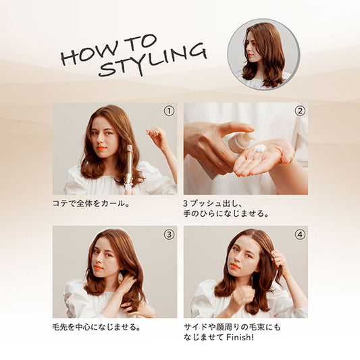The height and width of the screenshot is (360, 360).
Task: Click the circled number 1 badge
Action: click(x=169, y=111)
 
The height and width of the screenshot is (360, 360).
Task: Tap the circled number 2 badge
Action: click(x=300, y=111)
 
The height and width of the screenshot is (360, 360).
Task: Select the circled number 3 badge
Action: click(x=169, y=234)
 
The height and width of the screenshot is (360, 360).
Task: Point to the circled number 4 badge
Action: click(x=300, y=234)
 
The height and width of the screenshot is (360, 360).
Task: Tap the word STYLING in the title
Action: click(x=153, y=60)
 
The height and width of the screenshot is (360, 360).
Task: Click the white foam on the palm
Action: click(x=260, y=148)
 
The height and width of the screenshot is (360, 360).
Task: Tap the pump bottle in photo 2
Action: click(x=239, y=143)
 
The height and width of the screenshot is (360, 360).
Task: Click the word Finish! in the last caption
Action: click(x=240, y=337)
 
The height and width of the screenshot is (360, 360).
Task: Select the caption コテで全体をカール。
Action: click(x=91, y=203)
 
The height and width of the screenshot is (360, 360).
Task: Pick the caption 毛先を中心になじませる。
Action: click(x=97, y=327)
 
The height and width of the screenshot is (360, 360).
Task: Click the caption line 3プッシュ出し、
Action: click(x=211, y=203)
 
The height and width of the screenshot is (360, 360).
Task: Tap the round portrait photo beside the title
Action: click(x=263, y=54)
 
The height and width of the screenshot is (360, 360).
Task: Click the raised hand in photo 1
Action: click(x=157, y=137)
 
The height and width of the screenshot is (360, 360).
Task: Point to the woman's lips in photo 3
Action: click(x=99, y=267)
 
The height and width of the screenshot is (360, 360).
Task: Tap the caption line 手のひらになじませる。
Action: click(x=226, y=213)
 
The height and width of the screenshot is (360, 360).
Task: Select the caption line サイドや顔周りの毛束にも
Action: click(x=232, y=327)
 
